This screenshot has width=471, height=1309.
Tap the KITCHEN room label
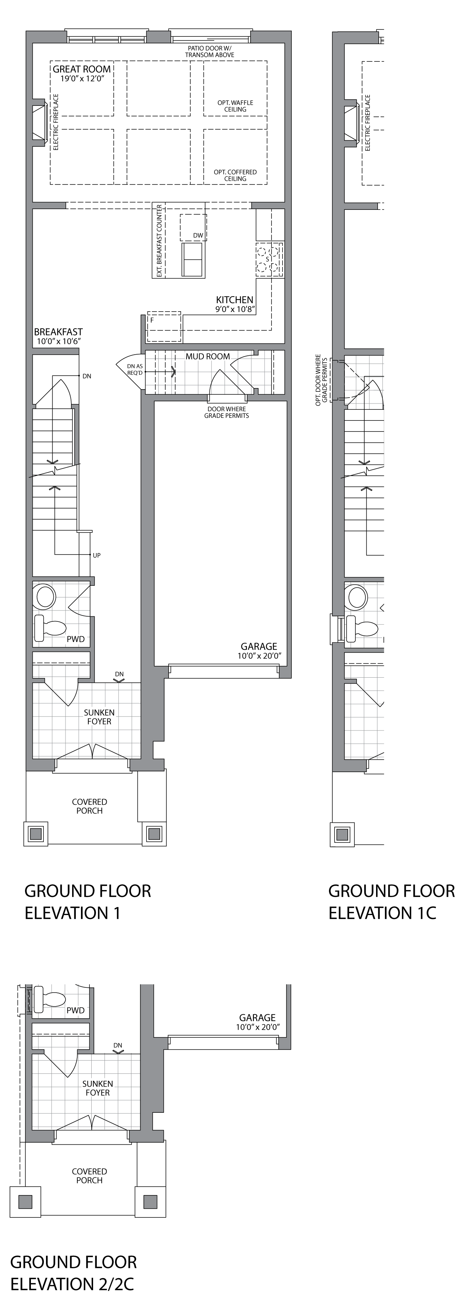coord(234,300)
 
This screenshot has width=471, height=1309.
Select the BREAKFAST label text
coord(59,332)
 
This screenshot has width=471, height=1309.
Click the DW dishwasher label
coord(198,235)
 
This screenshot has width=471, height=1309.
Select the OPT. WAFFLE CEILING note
coord(235,106)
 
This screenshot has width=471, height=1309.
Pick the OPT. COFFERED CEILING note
coord(235,175)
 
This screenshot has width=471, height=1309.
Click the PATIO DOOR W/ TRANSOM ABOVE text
coord(210,51)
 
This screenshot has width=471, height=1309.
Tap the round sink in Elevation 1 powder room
coord(44,596)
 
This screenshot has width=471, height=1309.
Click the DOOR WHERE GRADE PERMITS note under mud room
coord(226,412)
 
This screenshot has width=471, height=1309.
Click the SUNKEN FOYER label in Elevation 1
coord(99,717)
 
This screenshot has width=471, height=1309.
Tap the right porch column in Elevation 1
coord(153,834)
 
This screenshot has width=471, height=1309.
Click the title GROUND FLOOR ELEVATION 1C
coord(392,902)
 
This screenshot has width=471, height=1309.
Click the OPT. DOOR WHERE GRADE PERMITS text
coord(322,380)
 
